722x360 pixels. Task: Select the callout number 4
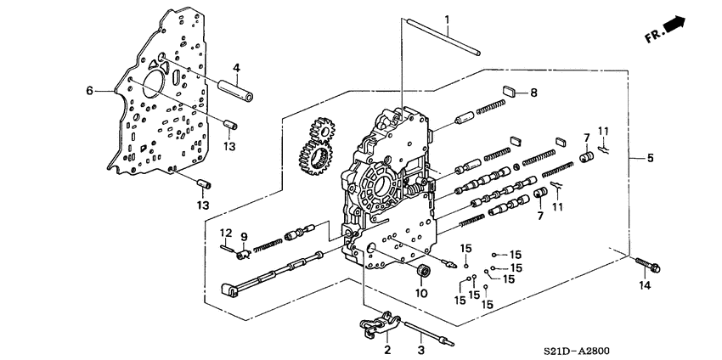237,68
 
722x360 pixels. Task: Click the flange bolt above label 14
647,266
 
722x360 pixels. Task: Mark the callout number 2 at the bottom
387,349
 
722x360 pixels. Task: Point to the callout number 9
243,236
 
